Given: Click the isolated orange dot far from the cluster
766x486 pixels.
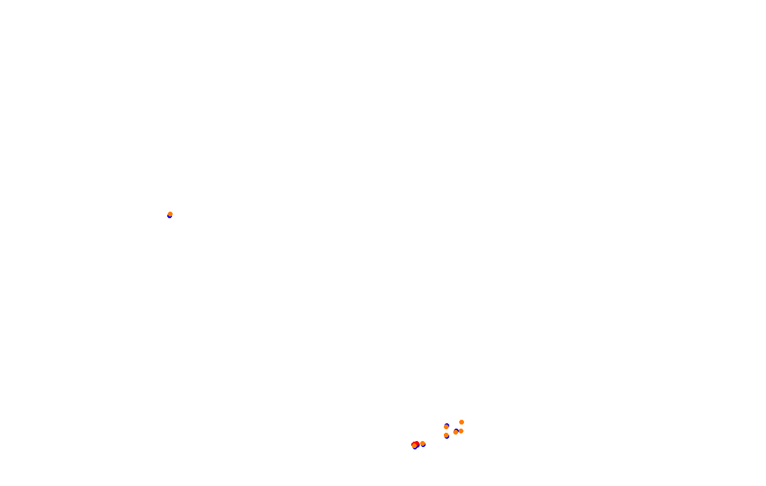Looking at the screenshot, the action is [170, 214].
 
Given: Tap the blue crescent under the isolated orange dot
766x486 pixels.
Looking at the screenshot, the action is [170, 217].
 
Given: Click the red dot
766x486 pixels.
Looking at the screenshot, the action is [417, 443].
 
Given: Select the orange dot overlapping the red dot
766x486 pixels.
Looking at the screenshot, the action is [414, 445].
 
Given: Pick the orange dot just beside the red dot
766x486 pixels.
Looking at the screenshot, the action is [423, 443].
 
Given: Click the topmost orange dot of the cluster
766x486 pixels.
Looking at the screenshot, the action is [462, 422].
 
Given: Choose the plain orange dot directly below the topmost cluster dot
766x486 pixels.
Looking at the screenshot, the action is [461, 431].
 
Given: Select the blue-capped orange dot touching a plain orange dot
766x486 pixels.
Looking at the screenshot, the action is [456, 432].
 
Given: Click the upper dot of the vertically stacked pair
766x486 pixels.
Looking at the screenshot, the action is [446, 427].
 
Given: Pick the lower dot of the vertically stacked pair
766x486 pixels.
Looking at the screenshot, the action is [446, 435].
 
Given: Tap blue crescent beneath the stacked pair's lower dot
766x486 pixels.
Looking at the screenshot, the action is [447, 438].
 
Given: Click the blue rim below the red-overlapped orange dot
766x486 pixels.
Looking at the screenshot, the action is [415, 448].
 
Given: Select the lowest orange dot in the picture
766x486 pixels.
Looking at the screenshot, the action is [414, 445].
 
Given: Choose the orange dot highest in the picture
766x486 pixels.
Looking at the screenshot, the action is [170, 214].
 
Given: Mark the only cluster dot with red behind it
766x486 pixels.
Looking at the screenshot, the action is [414, 445].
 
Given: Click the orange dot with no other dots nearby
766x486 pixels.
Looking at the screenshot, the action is [170, 214].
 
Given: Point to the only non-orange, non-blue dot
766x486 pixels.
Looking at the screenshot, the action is [417, 443].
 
